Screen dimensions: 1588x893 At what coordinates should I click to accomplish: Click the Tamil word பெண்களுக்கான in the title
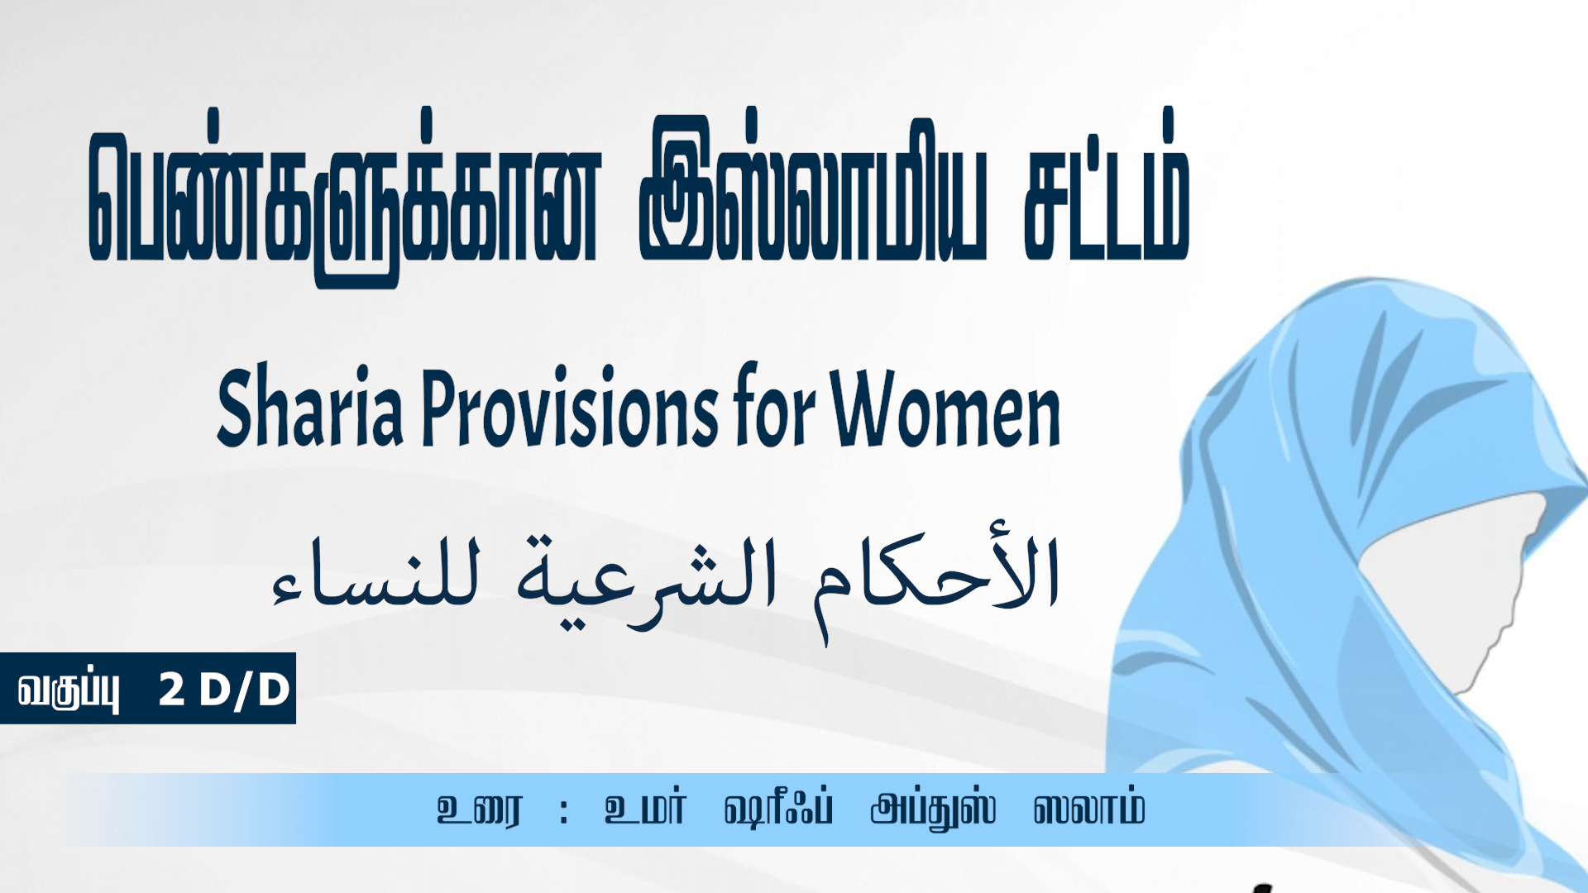pos(343,197)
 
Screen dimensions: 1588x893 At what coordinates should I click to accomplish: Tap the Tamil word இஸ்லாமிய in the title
pos(813,189)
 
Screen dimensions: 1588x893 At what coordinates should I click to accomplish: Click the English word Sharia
pos(310,407)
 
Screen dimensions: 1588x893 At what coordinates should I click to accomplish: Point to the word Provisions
pos(571,407)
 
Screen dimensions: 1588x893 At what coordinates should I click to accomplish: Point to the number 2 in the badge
pos(171,689)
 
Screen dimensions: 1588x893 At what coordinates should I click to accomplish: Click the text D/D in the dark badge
pos(245,690)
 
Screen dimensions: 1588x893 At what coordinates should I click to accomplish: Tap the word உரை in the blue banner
pos(480,809)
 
